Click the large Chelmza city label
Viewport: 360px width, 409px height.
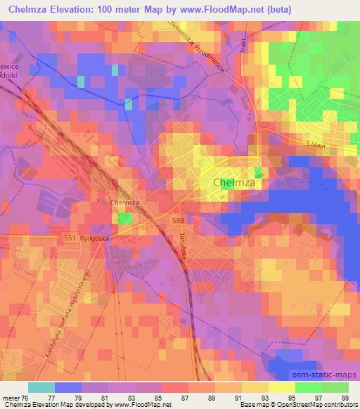[x=233, y=183]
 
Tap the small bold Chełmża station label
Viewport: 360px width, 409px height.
[x=124, y=202]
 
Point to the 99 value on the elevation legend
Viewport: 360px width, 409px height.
[x=344, y=397]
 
